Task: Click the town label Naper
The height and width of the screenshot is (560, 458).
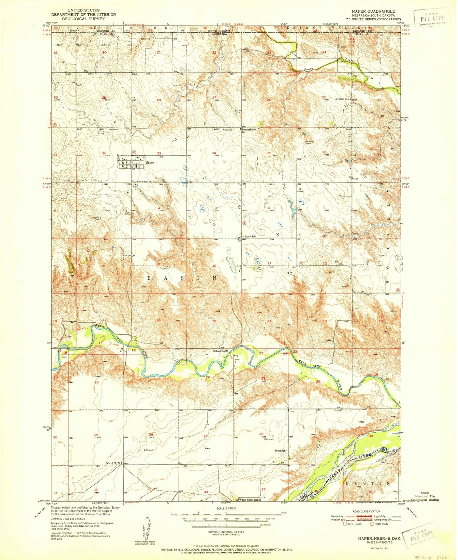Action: click(150, 162)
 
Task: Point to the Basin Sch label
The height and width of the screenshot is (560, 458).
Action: click(250, 236)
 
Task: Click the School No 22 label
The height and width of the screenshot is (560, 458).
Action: click(221, 351)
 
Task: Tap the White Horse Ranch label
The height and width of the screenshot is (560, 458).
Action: click(250, 509)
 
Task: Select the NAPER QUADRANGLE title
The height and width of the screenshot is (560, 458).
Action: click(373, 11)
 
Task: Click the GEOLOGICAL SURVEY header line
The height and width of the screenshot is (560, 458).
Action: click(83, 19)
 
